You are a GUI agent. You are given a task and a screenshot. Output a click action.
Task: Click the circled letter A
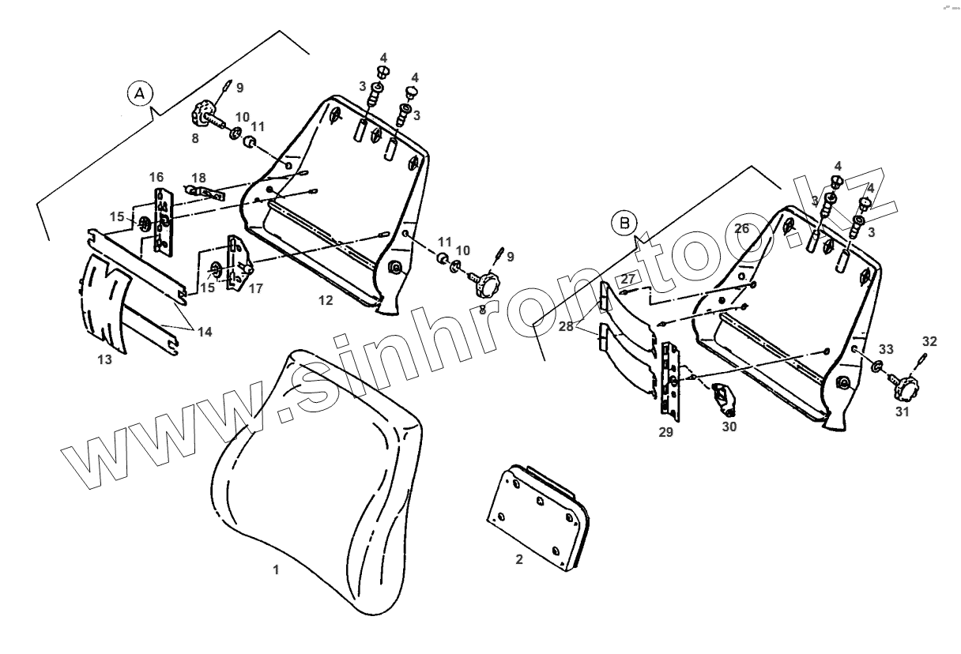pos(140,93)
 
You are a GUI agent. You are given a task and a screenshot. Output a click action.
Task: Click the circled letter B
pos(625,224)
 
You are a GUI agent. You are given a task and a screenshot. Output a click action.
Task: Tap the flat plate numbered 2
pos(537,513)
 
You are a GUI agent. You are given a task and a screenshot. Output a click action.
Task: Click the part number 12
pos(326,300)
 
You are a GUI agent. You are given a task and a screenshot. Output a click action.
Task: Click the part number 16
pos(156,175)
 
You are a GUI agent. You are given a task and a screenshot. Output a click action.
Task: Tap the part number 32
pos(929,342)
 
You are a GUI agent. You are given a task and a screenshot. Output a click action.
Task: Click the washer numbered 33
pos(877,366)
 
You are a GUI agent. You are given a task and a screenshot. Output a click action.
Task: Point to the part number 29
pos(665,432)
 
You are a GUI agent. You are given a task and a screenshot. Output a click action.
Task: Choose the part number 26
pos(741,229)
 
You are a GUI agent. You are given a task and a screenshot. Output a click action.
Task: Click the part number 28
pos(586,325)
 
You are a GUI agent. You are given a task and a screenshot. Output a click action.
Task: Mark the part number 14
pos(205,333)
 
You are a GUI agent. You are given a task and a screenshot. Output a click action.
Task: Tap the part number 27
pos(627,278)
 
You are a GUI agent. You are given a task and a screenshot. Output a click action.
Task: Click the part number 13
pos(104,360)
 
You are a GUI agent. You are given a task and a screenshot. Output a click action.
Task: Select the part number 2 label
pos(518,560)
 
